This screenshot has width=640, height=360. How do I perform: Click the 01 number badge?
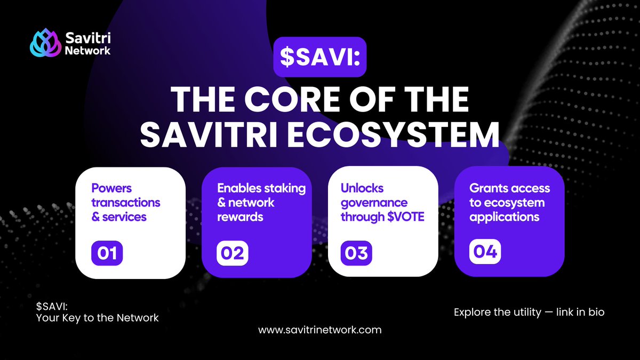pyautogui.click(x=107, y=253)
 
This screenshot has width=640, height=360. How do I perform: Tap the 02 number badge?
pyautogui.click(x=232, y=253)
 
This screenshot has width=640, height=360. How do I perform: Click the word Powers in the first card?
pyautogui.click(x=111, y=188)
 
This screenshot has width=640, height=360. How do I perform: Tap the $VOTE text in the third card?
pyautogui.click(x=406, y=217)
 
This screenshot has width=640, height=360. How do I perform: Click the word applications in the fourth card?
pyautogui.click(x=504, y=217)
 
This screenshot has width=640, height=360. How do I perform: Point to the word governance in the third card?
pyautogui.click(x=374, y=203)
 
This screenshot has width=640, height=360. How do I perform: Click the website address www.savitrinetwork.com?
pyautogui.click(x=320, y=330)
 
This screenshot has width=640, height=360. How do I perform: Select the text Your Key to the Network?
pyautogui.click(x=98, y=318)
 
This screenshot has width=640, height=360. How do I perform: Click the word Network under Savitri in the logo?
pyautogui.click(x=87, y=51)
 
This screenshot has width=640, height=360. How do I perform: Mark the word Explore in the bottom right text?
pyautogui.click(x=472, y=312)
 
